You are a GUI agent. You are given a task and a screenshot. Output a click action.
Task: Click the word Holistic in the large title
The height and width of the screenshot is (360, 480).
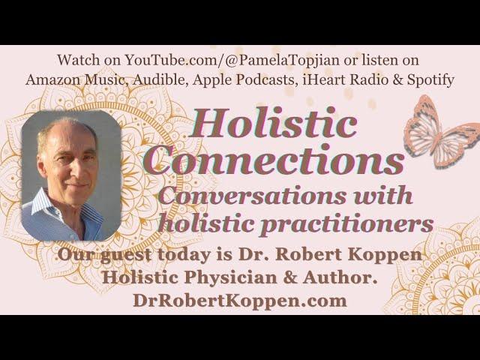click(x=273, y=123)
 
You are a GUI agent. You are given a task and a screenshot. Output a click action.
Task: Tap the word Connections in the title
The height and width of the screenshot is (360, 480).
click(x=274, y=160)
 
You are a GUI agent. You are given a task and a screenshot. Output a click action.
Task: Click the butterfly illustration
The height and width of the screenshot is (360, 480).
click(x=442, y=132)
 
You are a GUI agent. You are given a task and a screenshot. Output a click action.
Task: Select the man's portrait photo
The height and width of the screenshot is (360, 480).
click(x=71, y=175)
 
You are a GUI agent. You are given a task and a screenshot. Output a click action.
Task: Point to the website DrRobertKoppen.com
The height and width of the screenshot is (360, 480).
click(x=240, y=301)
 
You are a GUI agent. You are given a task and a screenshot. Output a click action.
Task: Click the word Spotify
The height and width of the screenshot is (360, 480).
click(x=430, y=79)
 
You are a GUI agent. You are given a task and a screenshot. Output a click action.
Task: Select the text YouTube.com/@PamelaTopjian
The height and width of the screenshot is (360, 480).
click(x=232, y=60)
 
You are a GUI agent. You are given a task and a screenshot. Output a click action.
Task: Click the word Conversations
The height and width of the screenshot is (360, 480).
click(x=253, y=196)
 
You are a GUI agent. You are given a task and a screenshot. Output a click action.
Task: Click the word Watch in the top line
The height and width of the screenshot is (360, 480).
click(x=79, y=60)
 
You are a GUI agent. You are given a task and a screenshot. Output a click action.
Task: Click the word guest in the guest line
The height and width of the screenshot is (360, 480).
click(x=125, y=255)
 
